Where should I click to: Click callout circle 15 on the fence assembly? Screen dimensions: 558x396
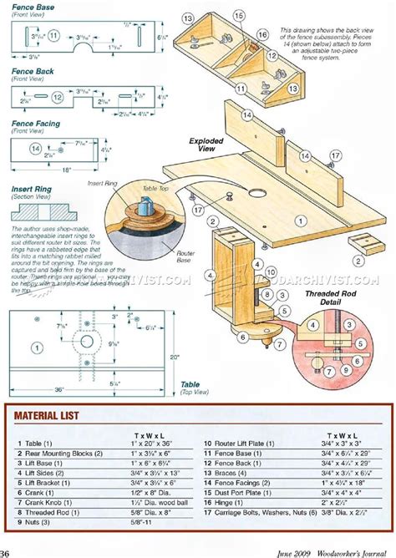click(x=241, y=16)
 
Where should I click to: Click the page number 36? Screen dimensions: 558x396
click(x=6, y=552)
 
